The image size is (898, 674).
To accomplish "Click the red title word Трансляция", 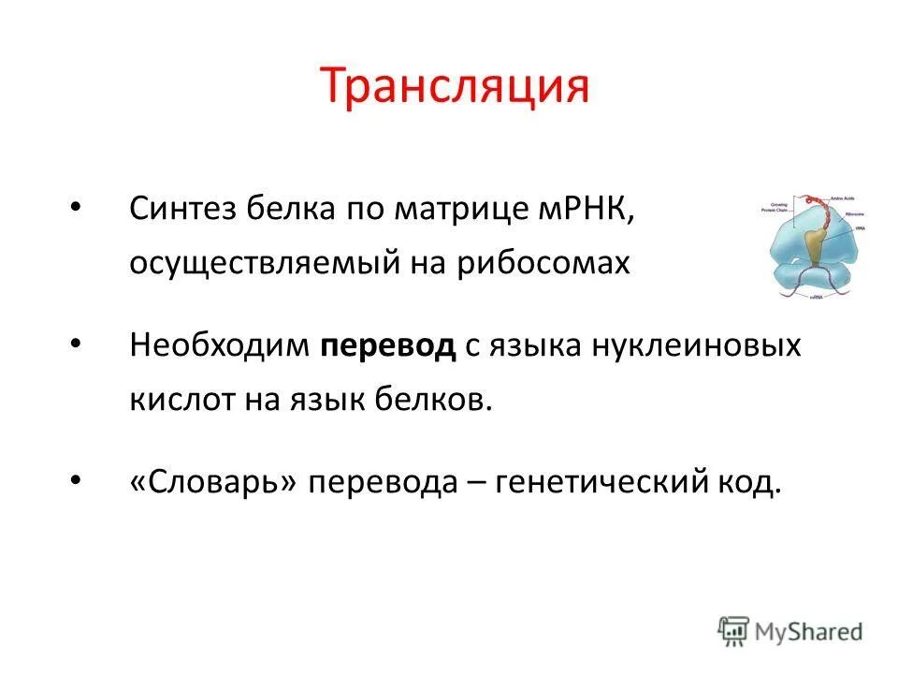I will (456, 87).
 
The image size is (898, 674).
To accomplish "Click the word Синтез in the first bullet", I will (183, 208).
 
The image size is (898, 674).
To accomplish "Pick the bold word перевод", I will (388, 346).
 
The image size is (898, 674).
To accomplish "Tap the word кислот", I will (177, 401).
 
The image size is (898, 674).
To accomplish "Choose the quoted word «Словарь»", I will (214, 483).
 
